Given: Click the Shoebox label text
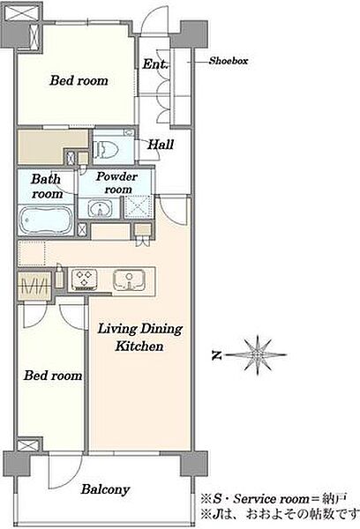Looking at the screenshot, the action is (x=229, y=61).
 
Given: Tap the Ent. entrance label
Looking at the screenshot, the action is (x=155, y=63).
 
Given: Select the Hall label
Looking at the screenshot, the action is (x=161, y=145).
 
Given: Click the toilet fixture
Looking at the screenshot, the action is (x=106, y=149).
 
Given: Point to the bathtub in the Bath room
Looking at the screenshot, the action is (x=46, y=220).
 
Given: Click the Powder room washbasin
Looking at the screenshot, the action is (x=100, y=208).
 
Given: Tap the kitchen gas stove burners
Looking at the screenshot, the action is (x=85, y=279).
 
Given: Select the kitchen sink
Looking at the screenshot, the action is (x=130, y=279).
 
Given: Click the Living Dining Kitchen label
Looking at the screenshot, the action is (x=139, y=337).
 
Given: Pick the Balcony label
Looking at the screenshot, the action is (x=105, y=489).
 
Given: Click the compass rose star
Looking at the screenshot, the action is (x=258, y=355).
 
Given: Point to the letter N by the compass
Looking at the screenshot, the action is (x=217, y=355).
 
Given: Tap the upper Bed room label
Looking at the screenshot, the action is (x=79, y=80).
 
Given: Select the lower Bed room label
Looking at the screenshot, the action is (x=53, y=376).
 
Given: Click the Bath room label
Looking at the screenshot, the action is (x=47, y=186).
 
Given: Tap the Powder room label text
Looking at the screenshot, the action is (x=116, y=183).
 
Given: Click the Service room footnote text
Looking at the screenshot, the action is (x=274, y=498).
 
